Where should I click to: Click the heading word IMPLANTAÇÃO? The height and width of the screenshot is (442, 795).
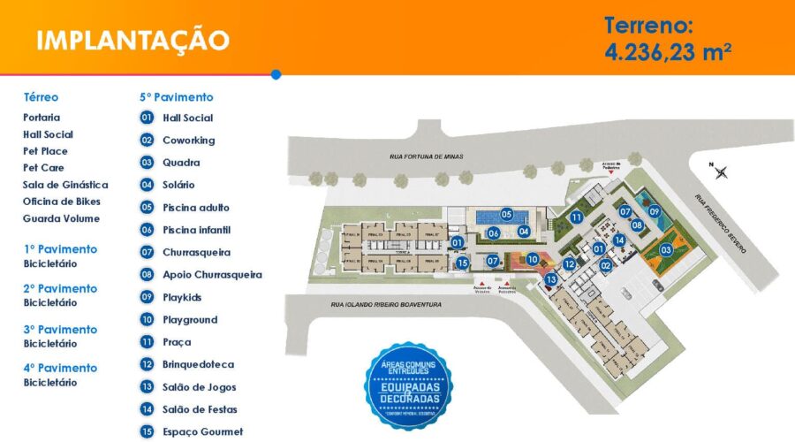click(133, 40)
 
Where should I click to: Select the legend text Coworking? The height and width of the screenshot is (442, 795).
click(188, 140)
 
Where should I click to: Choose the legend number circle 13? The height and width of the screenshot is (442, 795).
click(147, 387)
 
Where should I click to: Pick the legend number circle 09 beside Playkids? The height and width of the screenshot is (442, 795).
click(147, 297)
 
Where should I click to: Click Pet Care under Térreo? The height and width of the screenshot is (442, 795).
click(43, 168)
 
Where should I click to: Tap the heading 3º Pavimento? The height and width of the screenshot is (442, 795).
click(61, 329)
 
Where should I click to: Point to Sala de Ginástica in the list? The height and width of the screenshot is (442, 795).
click(65, 185)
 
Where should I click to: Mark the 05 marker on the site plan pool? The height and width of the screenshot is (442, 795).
click(507, 214)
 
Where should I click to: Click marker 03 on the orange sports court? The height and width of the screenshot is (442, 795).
click(666, 250)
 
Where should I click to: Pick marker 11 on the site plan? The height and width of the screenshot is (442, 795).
click(575, 217)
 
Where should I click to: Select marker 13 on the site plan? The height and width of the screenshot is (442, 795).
click(551, 280)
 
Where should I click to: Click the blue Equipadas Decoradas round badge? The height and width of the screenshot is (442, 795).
click(408, 385)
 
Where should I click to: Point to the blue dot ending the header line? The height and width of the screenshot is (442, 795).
click(276, 74)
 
